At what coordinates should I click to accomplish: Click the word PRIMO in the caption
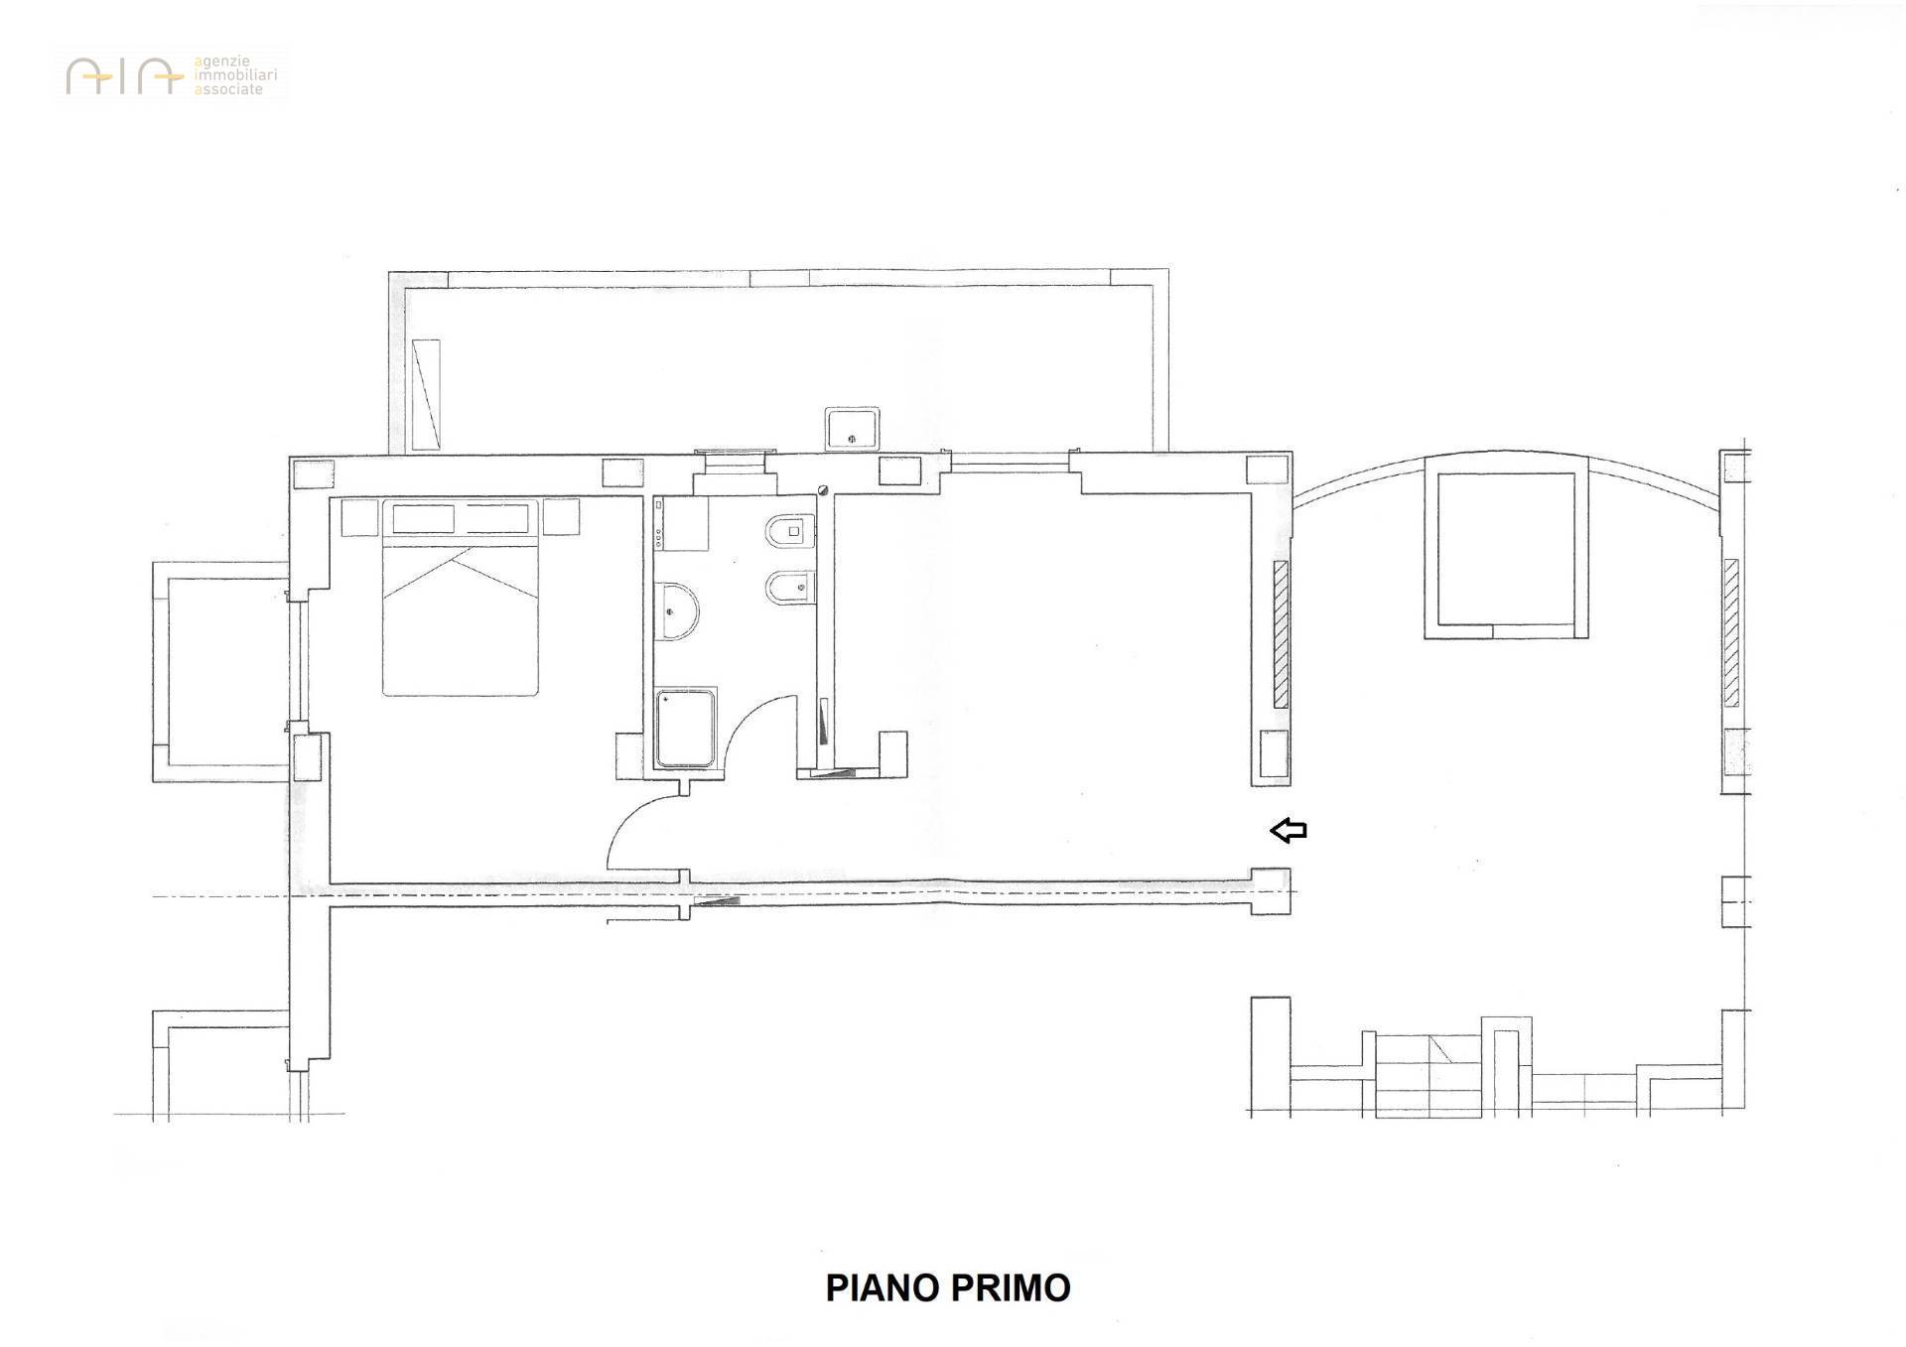1011,1287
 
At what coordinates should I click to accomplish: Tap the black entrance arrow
1289,830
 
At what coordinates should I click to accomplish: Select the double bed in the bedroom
461,598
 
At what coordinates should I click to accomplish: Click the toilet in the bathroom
790,533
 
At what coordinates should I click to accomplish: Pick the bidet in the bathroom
790,588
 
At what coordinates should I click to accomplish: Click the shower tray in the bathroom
685,728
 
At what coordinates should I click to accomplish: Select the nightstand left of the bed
359,518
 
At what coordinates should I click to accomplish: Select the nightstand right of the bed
561,517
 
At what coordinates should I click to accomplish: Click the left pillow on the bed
424,518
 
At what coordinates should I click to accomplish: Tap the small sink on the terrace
852,427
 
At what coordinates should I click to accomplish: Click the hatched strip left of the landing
1281,634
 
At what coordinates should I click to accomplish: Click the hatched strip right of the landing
1731,632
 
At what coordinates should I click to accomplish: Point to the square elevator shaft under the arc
1506,549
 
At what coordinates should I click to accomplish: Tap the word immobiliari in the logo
235,74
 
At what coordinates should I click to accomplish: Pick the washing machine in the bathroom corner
681,523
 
